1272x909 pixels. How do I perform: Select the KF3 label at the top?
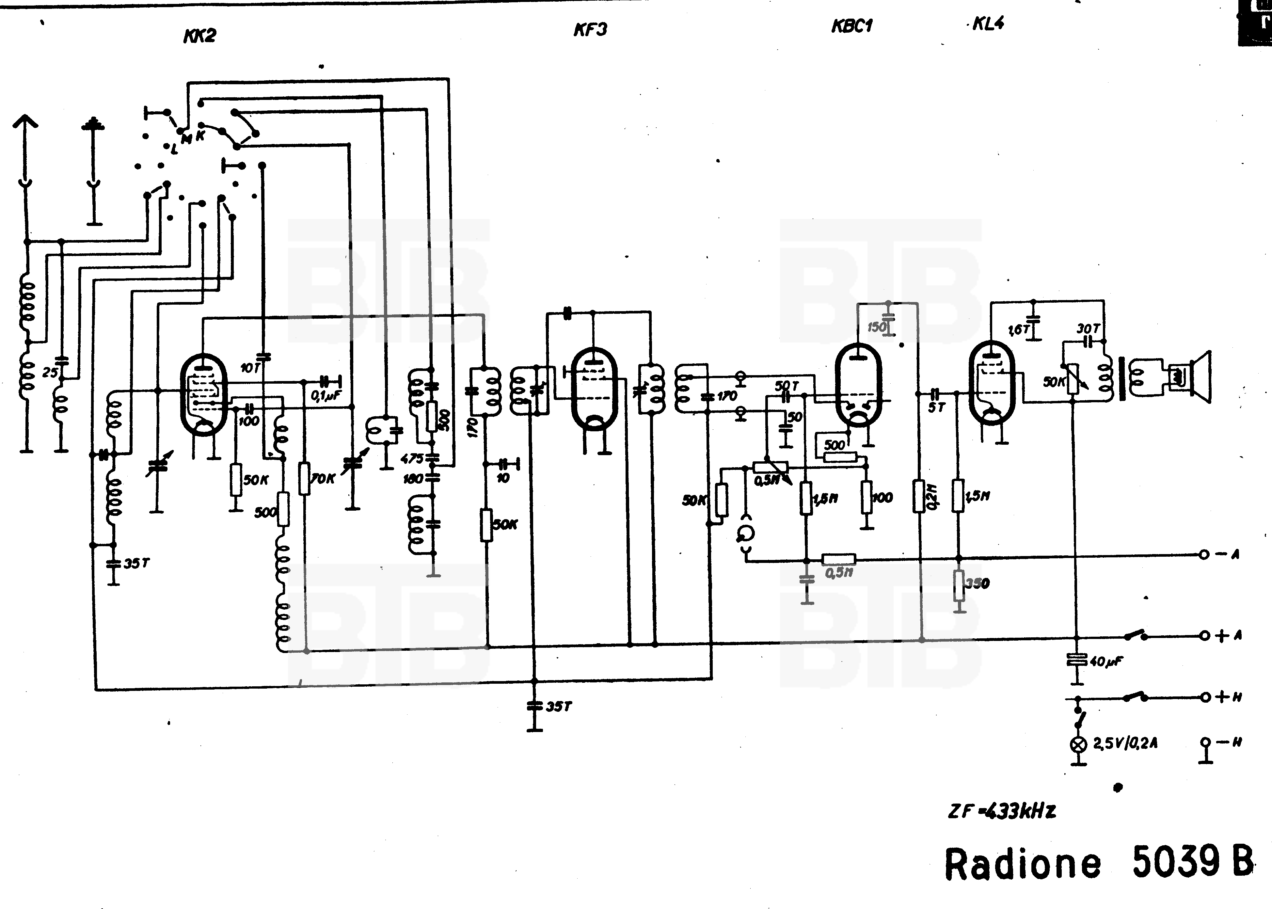coord(590,29)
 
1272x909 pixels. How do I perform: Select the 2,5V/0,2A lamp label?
coord(1125,744)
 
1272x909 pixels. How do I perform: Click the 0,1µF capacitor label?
coord(325,396)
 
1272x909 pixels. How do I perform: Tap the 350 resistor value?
coord(978,583)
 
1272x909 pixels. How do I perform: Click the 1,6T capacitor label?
coord(1019,330)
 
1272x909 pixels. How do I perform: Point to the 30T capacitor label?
coord(1089,328)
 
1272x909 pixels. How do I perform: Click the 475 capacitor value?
coord(412,458)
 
